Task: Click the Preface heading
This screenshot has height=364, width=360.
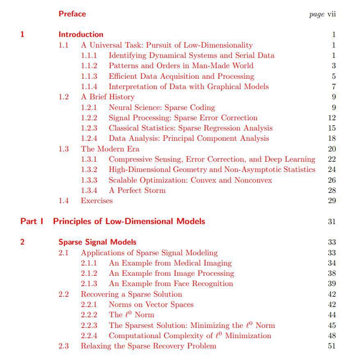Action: [72, 14]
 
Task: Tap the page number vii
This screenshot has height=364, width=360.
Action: [331, 14]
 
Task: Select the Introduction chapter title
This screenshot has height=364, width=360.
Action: [81, 34]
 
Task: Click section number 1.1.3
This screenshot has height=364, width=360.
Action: [89, 76]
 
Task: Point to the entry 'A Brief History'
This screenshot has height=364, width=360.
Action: [107, 97]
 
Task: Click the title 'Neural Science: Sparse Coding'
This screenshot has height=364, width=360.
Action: [162, 108]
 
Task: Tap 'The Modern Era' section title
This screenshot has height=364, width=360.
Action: [110, 149]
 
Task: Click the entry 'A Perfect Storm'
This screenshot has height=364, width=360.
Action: [137, 190]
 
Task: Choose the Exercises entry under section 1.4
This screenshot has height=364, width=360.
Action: [96, 201]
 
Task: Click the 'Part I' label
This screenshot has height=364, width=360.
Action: [32, 222]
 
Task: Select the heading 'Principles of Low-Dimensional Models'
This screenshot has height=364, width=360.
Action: [129, 222]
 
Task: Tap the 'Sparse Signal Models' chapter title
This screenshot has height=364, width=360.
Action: [97, 242]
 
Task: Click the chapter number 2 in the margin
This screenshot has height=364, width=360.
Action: [22, 242]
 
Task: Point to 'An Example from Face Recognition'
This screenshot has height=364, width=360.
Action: [171, 284]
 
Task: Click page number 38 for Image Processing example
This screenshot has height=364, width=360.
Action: [332, 273]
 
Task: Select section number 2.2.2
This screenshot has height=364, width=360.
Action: [89, 315]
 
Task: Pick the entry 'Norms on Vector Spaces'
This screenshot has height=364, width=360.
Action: [151, 304]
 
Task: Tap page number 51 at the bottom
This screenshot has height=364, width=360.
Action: [332, 346]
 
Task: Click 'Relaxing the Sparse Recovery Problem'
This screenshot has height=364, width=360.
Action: [148, 346]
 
